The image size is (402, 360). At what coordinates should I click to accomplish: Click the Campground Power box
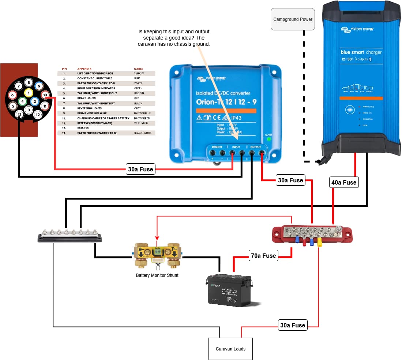click(x=293, y=19)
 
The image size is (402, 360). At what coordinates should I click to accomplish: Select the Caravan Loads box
click(x=230, y=349)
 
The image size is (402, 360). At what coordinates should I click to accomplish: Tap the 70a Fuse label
click(x=263, y=255)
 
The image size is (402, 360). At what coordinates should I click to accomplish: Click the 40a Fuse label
click(x=344, y=182)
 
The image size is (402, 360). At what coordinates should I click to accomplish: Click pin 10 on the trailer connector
click(x=45, y=95)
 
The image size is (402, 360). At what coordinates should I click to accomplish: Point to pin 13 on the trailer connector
click(x=20, y=114)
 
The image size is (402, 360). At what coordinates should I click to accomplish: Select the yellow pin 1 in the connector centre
click(x=29, y=93)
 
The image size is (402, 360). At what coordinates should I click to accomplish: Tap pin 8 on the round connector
click(x=29, y=83)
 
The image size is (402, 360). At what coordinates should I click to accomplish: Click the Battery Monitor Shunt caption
click(x=157, y=275)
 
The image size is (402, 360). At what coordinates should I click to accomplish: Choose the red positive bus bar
click(x=312, y=235)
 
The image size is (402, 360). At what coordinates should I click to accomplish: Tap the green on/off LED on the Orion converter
click(x=269, y=139)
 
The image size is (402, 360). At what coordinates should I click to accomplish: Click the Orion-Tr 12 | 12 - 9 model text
click(x=226, y=101)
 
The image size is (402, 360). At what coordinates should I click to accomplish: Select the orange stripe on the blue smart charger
click(x=361, y=98)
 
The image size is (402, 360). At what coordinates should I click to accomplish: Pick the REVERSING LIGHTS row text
click(x=90, y=108)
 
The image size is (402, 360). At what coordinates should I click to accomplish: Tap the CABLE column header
click(x=139, y=69)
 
